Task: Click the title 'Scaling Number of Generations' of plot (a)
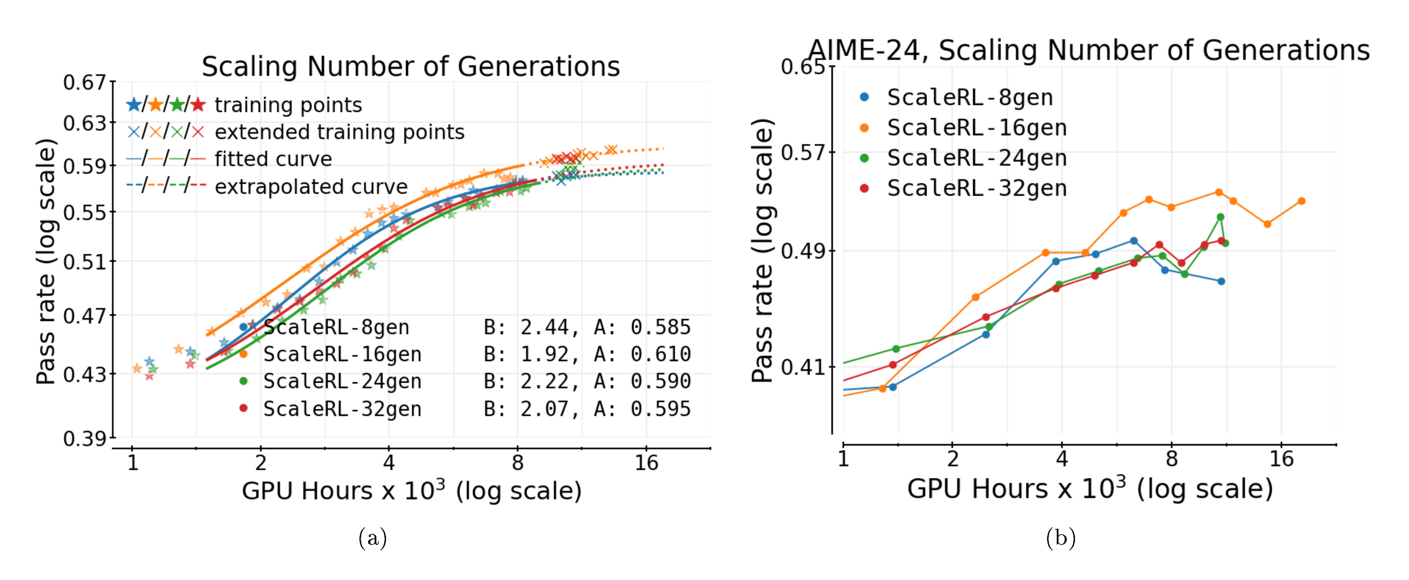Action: click(x=411, y=67)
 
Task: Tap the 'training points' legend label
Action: click(x=288, y=105)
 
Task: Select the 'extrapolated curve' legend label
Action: click(x=311, y=187)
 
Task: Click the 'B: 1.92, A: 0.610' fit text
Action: click(x=587, y=354)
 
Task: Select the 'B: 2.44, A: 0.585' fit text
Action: click(x=587, y=327)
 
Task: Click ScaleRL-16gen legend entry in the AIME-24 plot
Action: click(x=976, y=128)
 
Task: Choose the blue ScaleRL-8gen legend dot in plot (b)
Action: click(x=864, y=97)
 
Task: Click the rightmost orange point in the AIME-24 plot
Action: click(x=1301, y=201)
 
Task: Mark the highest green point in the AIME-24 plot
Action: click(x=1220, y=217)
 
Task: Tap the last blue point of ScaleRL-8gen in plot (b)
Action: click(x=1221, y=281)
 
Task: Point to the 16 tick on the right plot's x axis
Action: click(x=1281, y=458)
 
